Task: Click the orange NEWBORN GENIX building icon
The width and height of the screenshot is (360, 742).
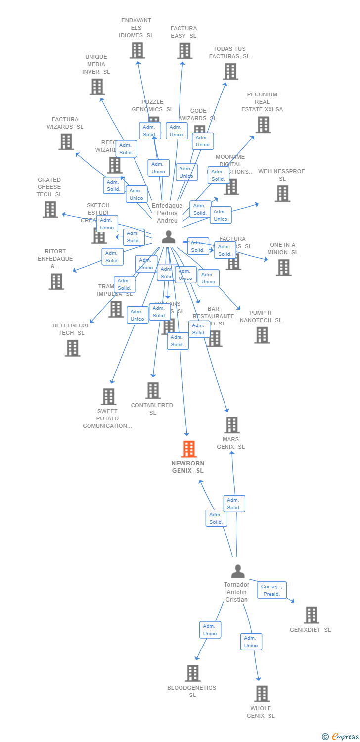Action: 189,449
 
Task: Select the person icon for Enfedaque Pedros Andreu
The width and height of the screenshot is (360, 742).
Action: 169,237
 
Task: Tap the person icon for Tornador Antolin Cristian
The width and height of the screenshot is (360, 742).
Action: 238,571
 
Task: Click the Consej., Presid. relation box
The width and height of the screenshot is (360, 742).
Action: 272,590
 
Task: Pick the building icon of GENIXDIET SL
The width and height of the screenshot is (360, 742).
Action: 312,615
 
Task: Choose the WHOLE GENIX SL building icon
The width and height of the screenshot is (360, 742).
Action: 262,694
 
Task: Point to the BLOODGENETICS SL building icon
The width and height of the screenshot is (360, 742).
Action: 193,673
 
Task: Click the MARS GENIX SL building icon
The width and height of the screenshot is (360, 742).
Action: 232,425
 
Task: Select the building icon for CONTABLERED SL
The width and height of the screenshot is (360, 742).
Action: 153,390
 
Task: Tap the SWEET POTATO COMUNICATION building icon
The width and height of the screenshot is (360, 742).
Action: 109,396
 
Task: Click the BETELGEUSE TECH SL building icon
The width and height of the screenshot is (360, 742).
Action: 72,348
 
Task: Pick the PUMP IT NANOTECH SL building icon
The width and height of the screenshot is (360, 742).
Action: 262,335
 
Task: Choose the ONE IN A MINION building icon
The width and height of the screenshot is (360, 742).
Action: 283,267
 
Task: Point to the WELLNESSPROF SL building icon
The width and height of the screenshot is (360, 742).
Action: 282,193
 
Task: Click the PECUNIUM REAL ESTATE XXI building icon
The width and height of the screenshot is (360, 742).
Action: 263,125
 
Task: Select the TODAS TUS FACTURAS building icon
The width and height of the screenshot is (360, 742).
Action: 230,72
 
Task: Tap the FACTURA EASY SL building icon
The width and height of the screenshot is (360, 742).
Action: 184,50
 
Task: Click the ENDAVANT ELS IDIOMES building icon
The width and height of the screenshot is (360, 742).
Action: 137,50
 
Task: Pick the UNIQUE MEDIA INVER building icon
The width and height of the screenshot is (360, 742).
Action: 97,87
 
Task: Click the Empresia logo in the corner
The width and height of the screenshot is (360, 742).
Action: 341,737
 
